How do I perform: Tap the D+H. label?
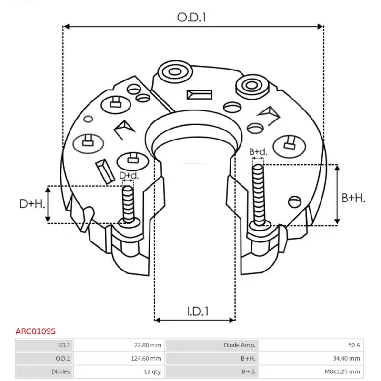(x=32, y=204)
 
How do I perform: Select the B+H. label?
(x=354, y=198)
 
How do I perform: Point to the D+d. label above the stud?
(x=129, y=176)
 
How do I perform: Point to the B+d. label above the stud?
(x=258, y=152)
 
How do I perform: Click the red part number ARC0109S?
(x=35, y=331)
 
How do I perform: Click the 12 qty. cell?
(x=151, y=371)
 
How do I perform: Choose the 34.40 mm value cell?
(x=347, y=359)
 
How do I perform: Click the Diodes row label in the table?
(x=60, y=371)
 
